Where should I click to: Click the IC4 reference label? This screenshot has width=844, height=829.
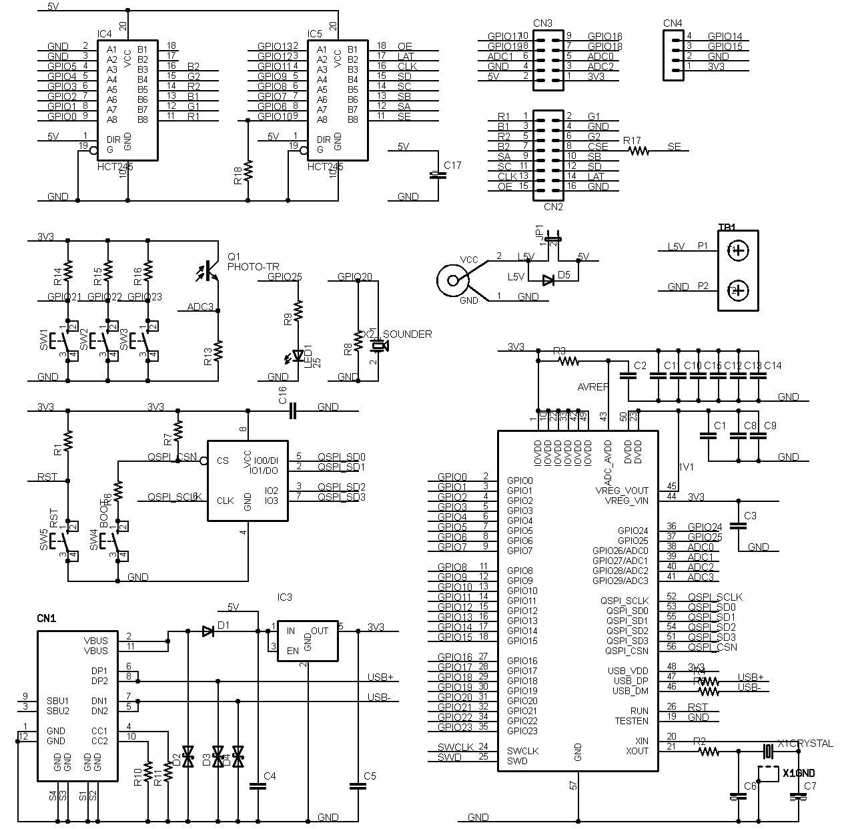coord(105,34)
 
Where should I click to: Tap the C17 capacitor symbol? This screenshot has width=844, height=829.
coord(437,175)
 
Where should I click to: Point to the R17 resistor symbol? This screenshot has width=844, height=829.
coord(639,151)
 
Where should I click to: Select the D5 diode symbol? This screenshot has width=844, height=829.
coord(548,280)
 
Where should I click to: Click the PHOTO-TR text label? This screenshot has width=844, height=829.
coord(253,266)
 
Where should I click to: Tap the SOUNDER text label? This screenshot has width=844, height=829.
coord(407,334)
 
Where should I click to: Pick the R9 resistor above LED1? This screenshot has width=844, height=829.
coord(298,309)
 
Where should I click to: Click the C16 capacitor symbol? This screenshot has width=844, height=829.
coord(292,410)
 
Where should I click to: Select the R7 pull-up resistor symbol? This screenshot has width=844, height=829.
coord(177,429)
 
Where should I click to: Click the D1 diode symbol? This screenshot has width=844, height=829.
coord(207,631)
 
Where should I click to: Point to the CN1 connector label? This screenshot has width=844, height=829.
coord(47,619)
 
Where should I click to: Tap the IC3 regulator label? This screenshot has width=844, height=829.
coord(285,597)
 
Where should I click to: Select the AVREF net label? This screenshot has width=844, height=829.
coord(592,387)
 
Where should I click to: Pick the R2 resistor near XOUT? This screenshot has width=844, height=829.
coord(709,752)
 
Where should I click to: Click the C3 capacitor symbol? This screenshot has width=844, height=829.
coord(738,525)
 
